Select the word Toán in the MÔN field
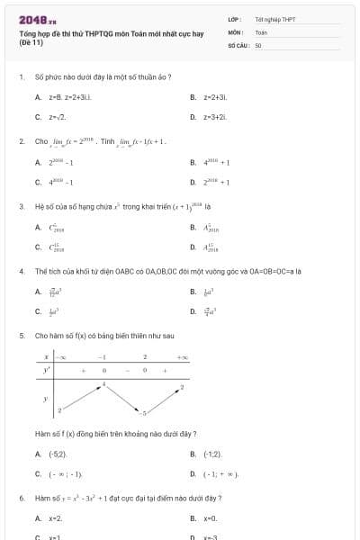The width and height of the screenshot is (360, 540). click(261, 31)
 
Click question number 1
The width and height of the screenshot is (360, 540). click(21, 77)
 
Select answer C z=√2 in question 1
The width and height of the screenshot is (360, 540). click(56, 117)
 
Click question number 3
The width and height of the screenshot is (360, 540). click(21, 206)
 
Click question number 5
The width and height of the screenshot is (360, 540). click(21, 335)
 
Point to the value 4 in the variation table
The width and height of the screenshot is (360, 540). click(103, 384)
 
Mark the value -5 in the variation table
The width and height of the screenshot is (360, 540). click(143, 412)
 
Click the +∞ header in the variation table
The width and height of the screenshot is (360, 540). click(183, 357)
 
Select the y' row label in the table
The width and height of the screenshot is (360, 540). click(46, 370)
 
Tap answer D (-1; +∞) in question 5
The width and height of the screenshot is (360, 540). click(220, 473)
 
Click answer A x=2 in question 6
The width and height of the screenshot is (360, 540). click(55, 518)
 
